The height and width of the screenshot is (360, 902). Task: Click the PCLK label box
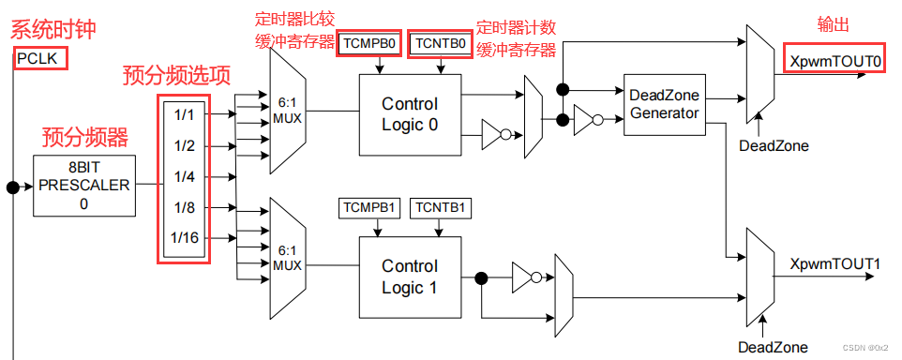pyautogui.click(x=37, y=60)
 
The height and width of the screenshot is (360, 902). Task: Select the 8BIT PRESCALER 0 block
pyautogui.click(x=83, y=186)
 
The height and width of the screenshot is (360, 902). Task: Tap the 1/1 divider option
pyautogui.click(x=184, y=114)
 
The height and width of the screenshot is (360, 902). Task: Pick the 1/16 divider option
pyautogui.click(x=184, y=238)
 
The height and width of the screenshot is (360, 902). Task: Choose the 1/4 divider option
pyautogui.click(x=184, y=175)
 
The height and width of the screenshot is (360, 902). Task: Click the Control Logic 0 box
pyautogui.click(x=410, y=114)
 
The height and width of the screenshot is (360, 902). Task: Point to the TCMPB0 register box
pyautogui.click(x=369, y=44)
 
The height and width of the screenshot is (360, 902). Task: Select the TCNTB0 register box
pyautogui.click(x=440, y=44)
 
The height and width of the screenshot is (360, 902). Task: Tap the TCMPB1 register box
pyautogui.click(x=369, y=207)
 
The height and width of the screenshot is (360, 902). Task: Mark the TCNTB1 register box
pyautogui.click(x=440, y=207)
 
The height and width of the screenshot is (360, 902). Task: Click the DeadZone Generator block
pyautogui.click(x=663, y=104)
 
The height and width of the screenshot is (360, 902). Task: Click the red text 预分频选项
pyautogui.click(x=175, y=76)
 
